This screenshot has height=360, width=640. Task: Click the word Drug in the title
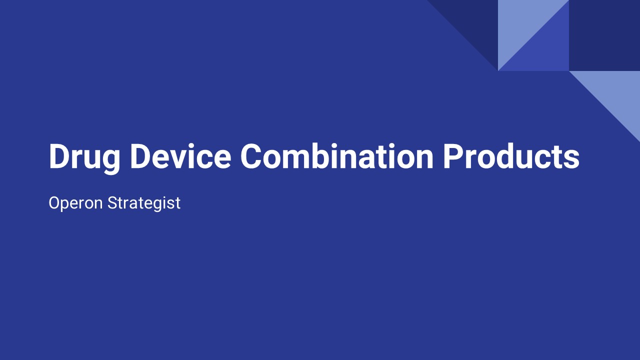[84, 157]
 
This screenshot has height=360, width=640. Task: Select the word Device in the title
[180, 156]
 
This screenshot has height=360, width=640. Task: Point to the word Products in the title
[511, 156]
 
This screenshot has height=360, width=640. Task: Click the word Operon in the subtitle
[75, 203]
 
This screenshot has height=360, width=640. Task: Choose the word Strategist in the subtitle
[144, 203]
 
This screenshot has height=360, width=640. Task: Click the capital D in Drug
[58, 156]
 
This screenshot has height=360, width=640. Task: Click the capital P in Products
[453, 156]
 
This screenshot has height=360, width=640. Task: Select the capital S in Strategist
[112, 203]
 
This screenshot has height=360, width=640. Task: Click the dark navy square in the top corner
[604, 35]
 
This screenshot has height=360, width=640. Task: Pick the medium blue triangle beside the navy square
[545, 50]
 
